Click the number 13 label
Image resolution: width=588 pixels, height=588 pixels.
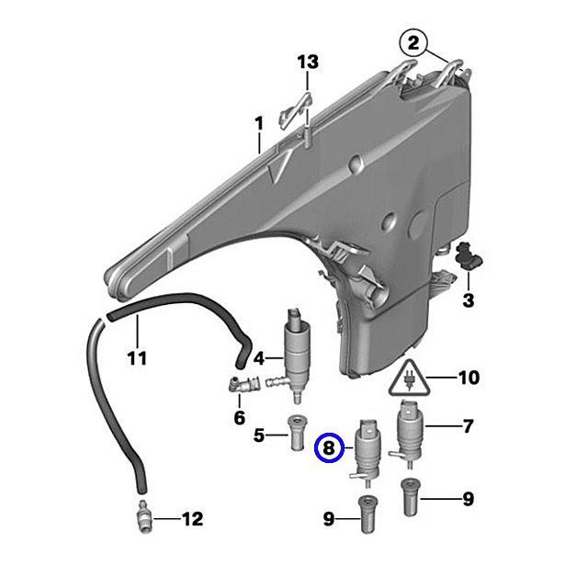tap(308, 62)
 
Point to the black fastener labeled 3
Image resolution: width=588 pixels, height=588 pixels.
tap(472, 257)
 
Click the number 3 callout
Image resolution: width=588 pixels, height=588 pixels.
tap(468, 300)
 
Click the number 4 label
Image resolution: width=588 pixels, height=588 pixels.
tap(260, 357)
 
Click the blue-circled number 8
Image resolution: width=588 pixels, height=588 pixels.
tap(329, 449)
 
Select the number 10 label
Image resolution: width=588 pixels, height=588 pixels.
tap(468, 377)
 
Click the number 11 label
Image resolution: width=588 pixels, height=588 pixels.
tap(136, 357)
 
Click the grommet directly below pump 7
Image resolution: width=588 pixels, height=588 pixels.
tap(410, 498)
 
